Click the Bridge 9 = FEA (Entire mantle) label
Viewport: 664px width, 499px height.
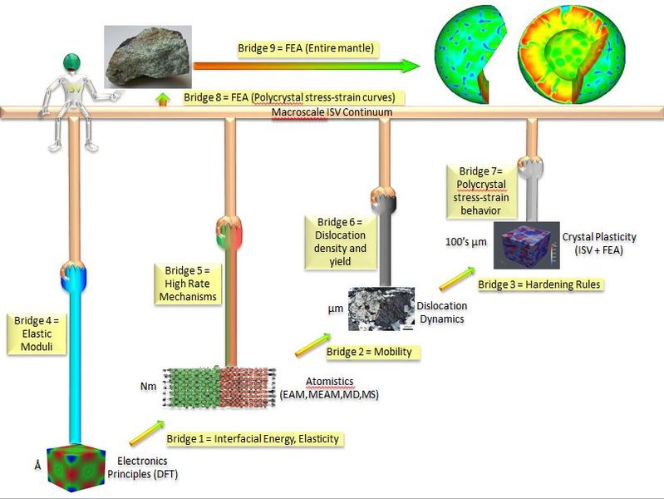(294, 49)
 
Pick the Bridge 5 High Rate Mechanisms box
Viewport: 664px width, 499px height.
(185, 284)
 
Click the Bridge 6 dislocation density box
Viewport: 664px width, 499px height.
(341, 241)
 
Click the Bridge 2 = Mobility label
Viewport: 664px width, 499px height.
(368, 352)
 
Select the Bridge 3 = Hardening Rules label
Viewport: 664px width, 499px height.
(539, 284)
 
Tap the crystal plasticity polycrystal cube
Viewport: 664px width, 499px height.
(526, 244)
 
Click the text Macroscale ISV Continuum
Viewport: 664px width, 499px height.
(332, 112)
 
